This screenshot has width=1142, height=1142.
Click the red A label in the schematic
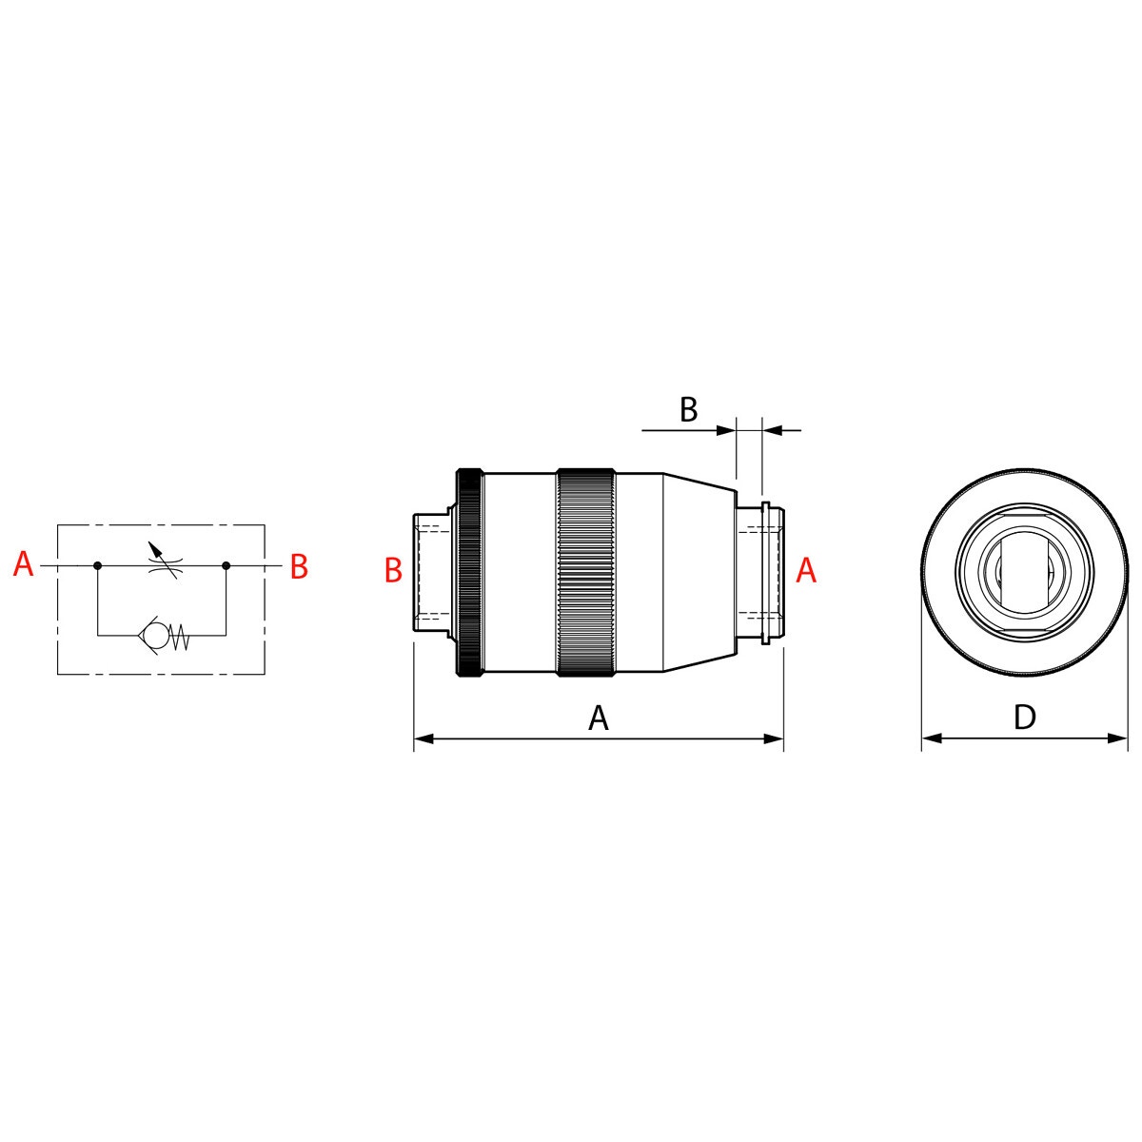[x=23, y=563]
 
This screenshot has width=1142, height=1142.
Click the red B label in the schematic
[x=299, y=566]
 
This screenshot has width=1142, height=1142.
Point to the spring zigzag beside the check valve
[x=180, y=638]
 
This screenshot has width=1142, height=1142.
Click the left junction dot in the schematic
[x=98, y=566]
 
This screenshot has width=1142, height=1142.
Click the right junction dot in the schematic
[x=226, y=566]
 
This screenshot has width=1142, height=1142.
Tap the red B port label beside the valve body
[x=393, y=570]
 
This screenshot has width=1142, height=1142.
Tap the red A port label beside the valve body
[x=806, y=570]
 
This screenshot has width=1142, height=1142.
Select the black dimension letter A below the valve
[x=599, y=718]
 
